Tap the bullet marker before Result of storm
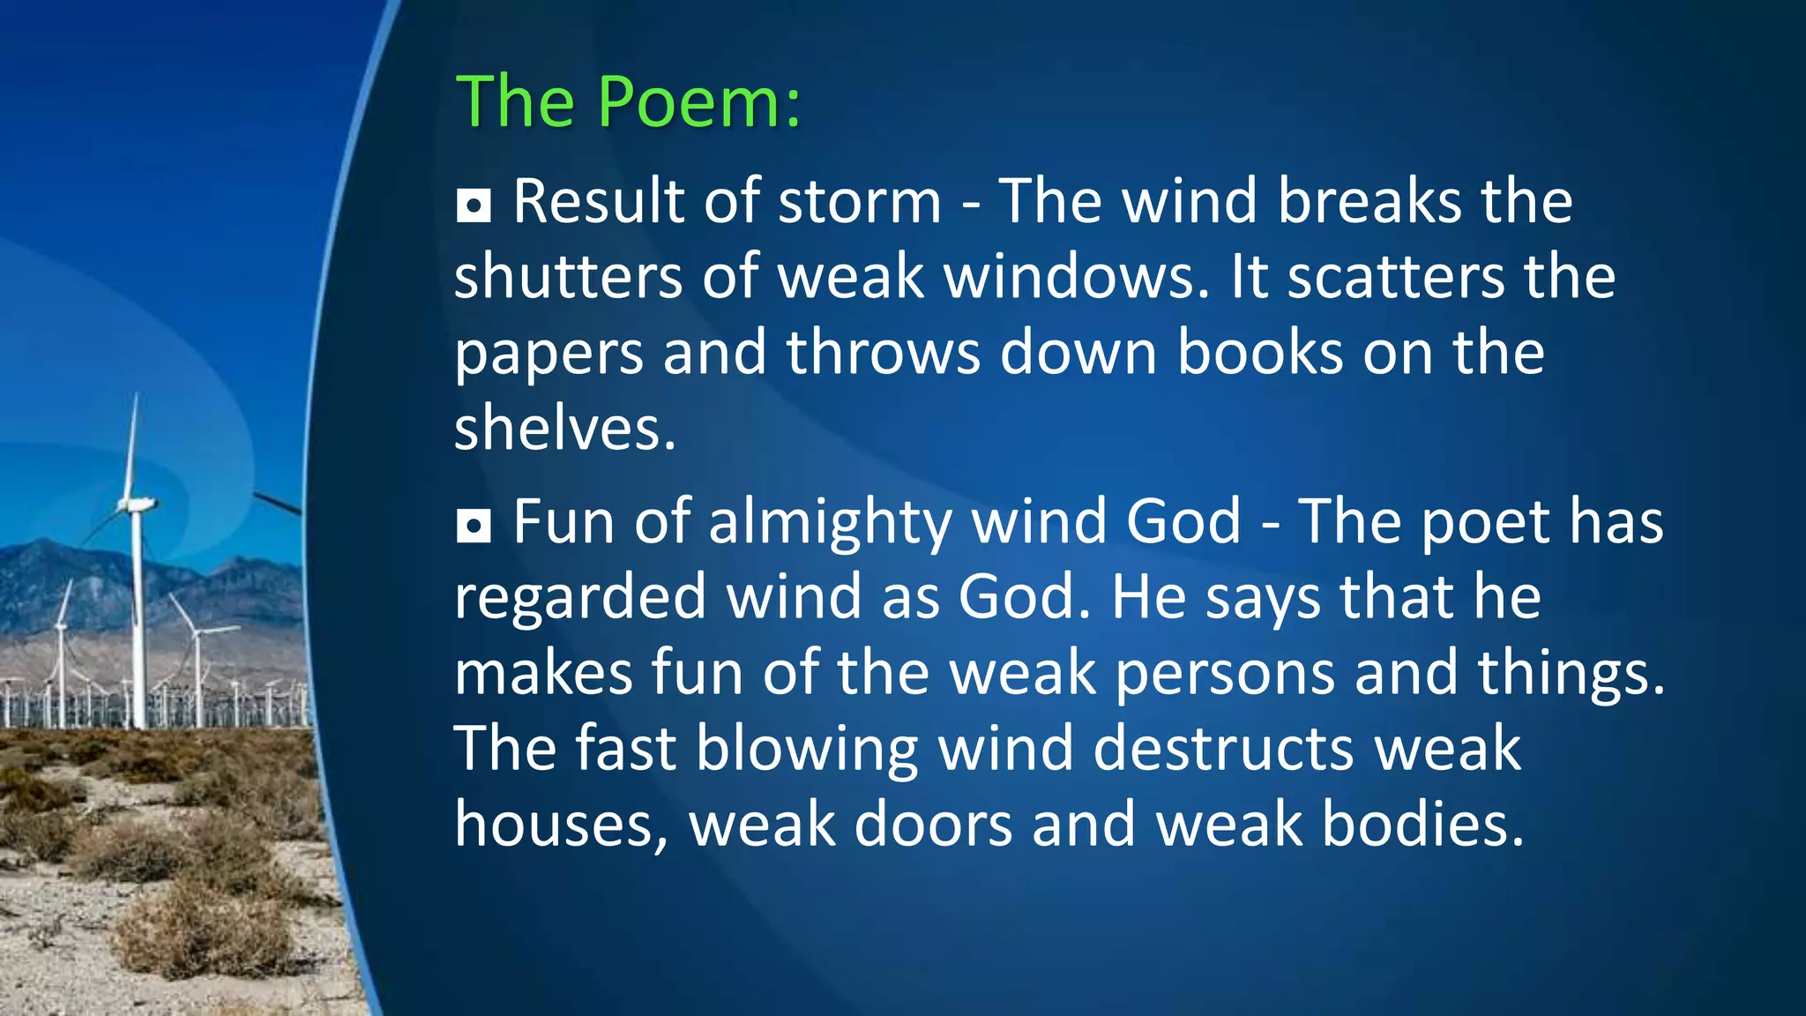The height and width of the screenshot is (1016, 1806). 474,205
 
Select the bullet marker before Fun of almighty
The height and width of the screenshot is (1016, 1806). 474,527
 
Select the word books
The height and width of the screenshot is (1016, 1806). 1260,353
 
